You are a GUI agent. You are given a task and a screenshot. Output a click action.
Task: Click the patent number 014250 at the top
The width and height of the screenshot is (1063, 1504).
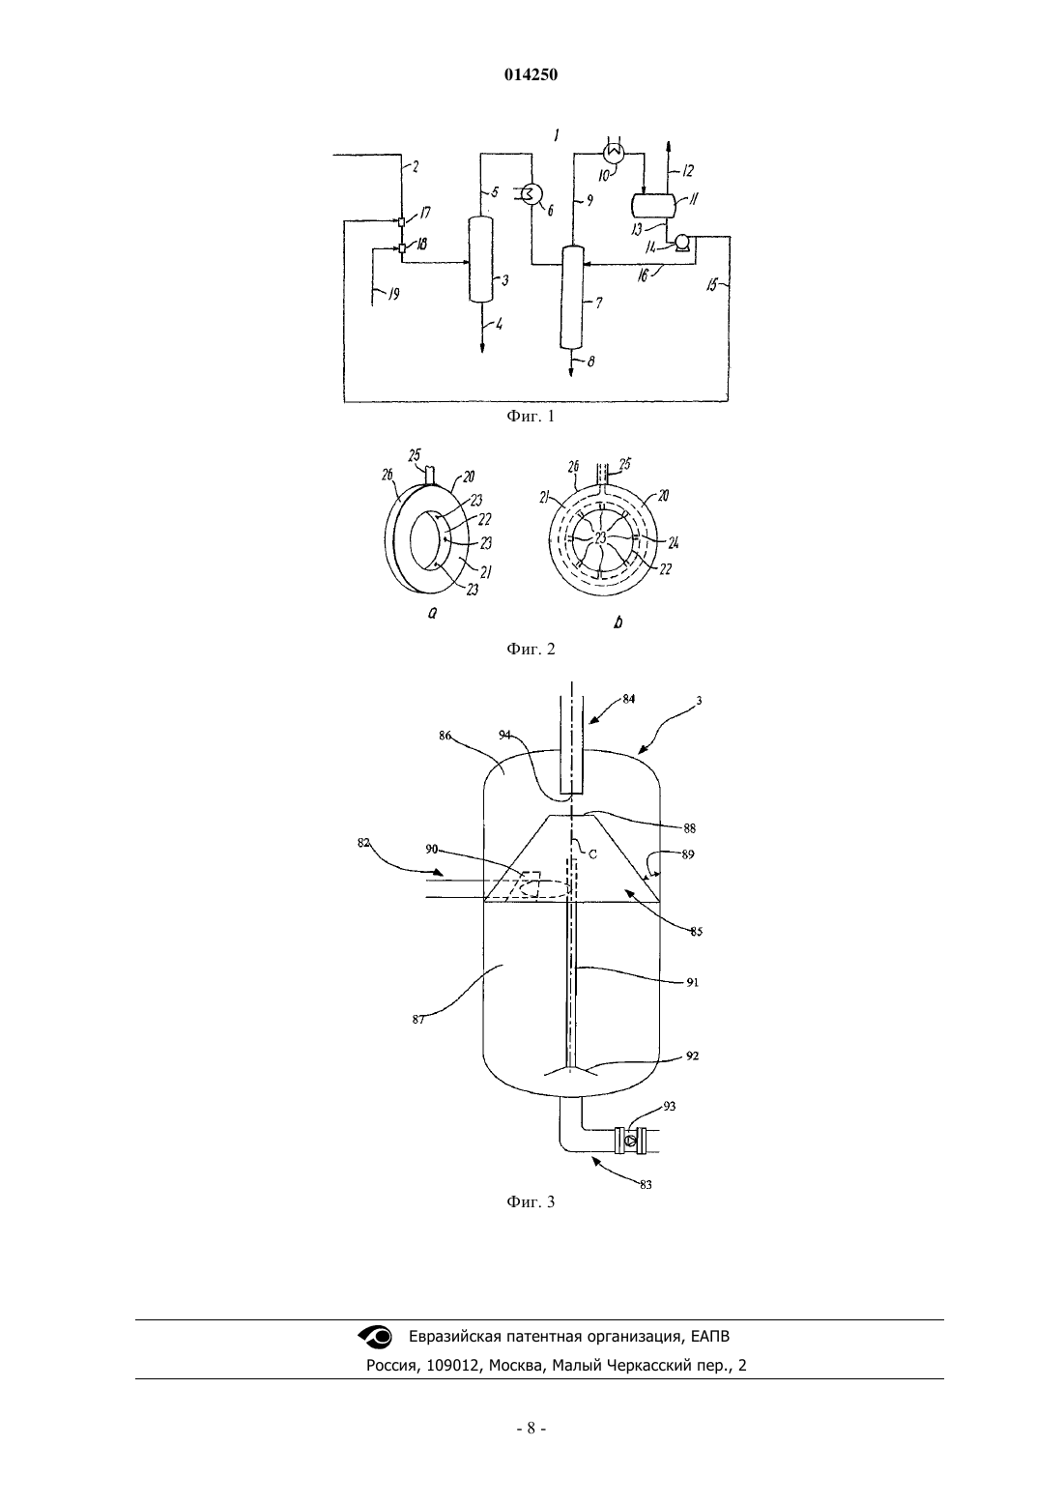click(x=531, y=75)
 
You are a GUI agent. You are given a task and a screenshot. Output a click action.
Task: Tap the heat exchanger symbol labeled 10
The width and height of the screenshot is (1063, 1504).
click(x=614, y=153)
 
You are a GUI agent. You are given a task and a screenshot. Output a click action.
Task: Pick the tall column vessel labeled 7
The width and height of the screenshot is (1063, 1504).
click(x=571, y=297)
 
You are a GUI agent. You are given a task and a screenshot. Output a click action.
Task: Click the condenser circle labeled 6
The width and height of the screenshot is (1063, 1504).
click(x=532, y=194)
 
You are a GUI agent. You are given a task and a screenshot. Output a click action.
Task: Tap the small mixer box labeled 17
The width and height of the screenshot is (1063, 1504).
click(x=401, y=222)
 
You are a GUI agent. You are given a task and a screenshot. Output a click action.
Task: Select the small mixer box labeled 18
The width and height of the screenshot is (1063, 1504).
click(x=401, y=248)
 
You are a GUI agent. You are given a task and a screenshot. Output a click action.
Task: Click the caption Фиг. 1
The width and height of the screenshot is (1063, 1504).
click(x=531, y=417)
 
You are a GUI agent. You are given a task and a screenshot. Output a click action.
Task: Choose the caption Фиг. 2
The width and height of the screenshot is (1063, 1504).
click(x=531, y=650)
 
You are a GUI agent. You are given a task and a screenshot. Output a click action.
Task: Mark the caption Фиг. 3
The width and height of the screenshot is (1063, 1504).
click(x=531, y=1201)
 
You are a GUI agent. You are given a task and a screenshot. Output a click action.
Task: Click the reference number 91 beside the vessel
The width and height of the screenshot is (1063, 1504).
click(x=693, y=982)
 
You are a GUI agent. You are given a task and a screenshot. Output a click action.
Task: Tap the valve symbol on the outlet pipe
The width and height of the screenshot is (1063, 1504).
click(x=630, y=1141)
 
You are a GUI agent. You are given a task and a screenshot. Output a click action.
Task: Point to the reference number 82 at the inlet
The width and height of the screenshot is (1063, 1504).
click(x=363, y=843)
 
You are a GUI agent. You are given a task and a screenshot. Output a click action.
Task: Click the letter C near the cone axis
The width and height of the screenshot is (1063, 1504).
click(x=592, y=854)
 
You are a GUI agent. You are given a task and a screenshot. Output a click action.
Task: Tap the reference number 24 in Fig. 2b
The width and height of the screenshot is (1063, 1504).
click(x=673, y=543)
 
